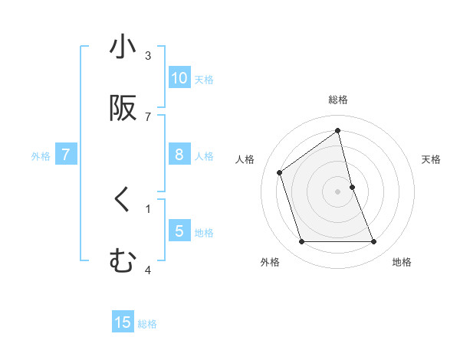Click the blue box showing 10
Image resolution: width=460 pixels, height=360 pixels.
tap(179, 78)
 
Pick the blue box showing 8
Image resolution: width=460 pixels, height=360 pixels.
tap(179, 155)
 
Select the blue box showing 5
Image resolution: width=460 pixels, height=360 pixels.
tap(179, 231)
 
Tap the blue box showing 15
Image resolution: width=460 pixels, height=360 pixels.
tap(123, 322)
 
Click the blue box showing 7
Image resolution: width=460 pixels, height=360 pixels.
tap(66, 155)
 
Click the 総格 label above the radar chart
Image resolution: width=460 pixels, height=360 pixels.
tap(338, 100)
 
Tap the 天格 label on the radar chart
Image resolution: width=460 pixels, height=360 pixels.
tap(431, 159)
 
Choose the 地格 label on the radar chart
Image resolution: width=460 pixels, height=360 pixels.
tap(402, 262)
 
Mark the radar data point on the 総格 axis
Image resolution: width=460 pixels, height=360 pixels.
tap(338, 131)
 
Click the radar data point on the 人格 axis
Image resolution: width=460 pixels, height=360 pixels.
tap(280, 172)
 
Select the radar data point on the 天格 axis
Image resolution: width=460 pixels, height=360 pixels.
tap(353, 187)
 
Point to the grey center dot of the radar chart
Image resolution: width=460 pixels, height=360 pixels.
tap(338, 191)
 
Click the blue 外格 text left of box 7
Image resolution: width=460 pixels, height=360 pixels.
tap(41, 155)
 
